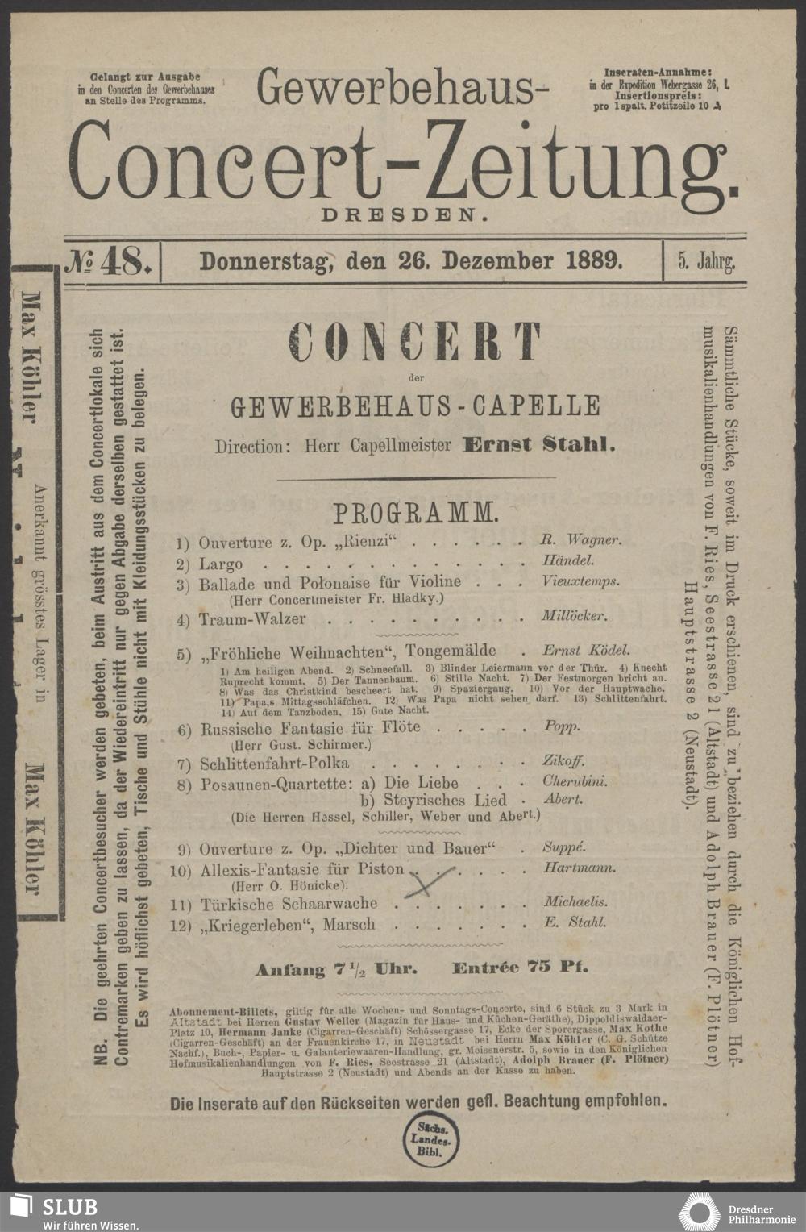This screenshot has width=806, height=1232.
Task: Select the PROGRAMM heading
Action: (x=416, y=512)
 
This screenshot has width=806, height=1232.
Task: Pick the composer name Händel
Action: (x=568, y=560)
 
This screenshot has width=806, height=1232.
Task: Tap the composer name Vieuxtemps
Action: (x=581, y=581)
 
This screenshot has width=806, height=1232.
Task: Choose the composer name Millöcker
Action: (x=574, y=617)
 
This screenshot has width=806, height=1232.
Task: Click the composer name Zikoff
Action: (x=563, y=760)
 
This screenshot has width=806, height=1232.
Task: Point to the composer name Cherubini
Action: (x=575, y=780)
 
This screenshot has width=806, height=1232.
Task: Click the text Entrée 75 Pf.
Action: (x=520, y=968)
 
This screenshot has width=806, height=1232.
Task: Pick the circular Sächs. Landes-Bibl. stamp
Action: (x=427, y=1136)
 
